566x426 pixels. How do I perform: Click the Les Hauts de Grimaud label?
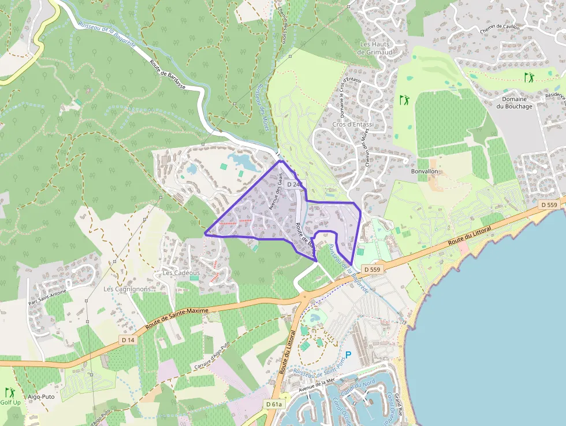point(374,48)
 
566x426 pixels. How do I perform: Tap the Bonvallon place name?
point(425,172)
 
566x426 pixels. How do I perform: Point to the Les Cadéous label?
point(181,273)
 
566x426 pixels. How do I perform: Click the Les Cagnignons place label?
point(126,288)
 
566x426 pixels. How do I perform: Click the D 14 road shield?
point(128,340)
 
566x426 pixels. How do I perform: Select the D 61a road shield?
point(274,404)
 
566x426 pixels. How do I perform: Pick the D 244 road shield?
point(294,184)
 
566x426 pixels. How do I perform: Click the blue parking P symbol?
point(348,355)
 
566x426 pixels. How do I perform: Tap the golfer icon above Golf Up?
point(9,392)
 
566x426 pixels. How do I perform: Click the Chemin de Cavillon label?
point(500,27)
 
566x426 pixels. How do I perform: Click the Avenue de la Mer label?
point(316,385)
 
